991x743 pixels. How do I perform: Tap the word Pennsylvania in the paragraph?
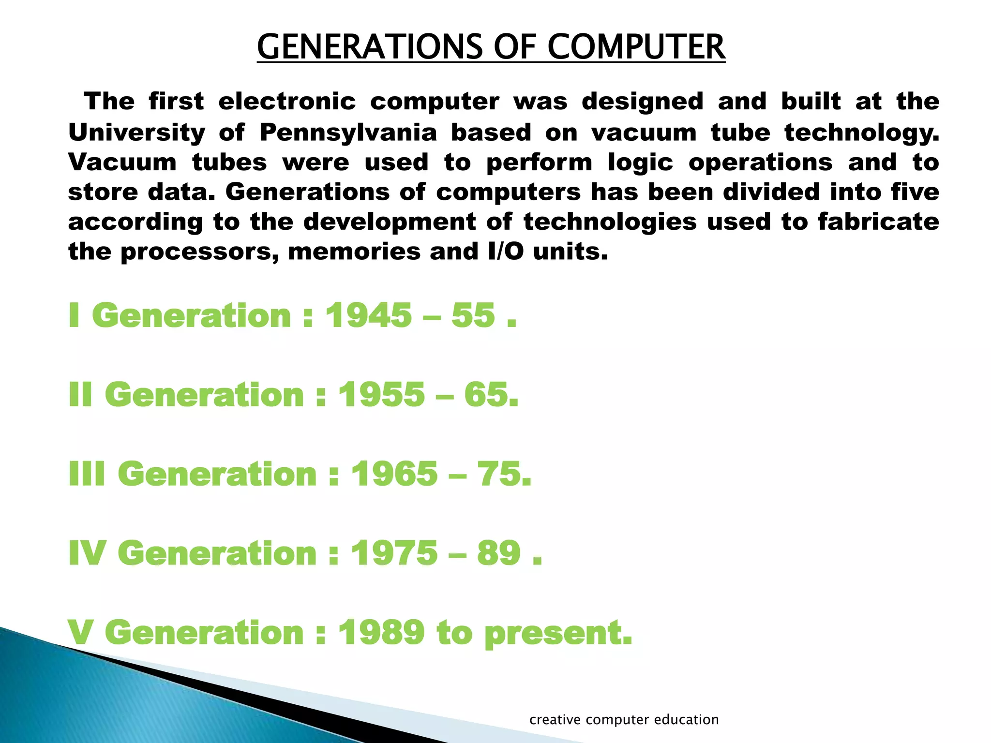pyautogui.click(x=348, y=133)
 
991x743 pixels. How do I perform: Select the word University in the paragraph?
pyautogui.click(x=137, y=133)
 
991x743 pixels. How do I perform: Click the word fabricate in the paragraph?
pyautogui.click(x=878, y=222)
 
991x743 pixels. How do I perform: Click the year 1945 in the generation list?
pyautogui.click(x=368, y=315)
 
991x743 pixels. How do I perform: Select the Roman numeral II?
pyautogui.click(x=80, y=395)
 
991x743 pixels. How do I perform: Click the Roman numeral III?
pyautogui.click(x=87, y=474)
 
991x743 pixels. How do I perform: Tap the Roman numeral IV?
pyautogui.click(x=87, y=553)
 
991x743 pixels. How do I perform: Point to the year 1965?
pyautogui.click(x=394, y=474)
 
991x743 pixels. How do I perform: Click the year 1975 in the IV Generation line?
pyautogui.click(x=394, y=553)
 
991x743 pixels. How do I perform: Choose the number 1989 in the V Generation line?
pyautogui.click(x=381, y=632)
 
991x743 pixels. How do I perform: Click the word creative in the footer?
pyautogui.click(x=555, y=720)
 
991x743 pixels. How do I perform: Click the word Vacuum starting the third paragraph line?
pyautogui.click(x=122, y=163)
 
